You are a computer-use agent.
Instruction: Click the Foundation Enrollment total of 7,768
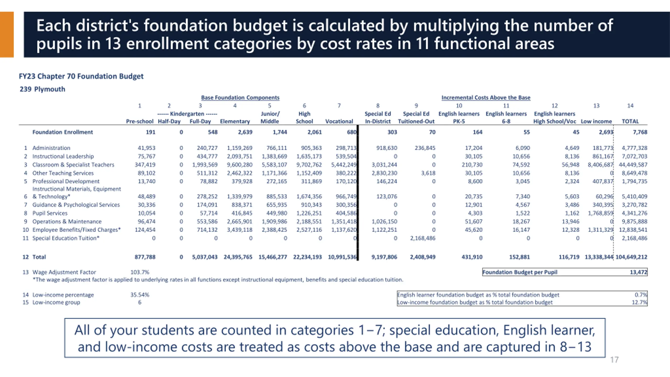[x=640, y=132]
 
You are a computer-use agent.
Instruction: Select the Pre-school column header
[x=139, y=121]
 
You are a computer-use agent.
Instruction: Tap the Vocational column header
[x=339, y=121]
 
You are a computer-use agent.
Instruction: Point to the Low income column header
[x=596, y=121]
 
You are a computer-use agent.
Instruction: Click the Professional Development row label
[x=66, y=181]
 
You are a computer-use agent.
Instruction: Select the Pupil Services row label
[x=50, y=213]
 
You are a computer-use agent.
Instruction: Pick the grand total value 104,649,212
[x=631, y=257]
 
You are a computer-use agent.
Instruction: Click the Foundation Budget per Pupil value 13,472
[x=638, y=272]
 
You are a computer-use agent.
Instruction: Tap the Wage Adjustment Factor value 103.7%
[x=140, y=272]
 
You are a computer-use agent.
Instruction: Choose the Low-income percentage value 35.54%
[x=140, y=295]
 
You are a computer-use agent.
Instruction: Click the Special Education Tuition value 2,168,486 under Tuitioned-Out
[x=422, y=238]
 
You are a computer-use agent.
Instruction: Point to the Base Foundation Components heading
[x=240, y=98]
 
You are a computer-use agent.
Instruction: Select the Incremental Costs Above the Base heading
[x=486, y=98]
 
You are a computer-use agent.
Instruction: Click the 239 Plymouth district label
[x=42, y=89]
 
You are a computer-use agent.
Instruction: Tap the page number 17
[x=614, y=360]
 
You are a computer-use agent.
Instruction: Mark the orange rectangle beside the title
[x=7, y=35]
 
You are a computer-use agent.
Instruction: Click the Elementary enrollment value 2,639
[x=245, y=132]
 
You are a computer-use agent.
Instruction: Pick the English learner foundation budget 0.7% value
[x=641, y=295]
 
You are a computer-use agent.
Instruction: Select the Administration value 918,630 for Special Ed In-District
[x=387, y=148]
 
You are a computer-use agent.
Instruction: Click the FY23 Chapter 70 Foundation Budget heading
[x=81, y=76]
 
